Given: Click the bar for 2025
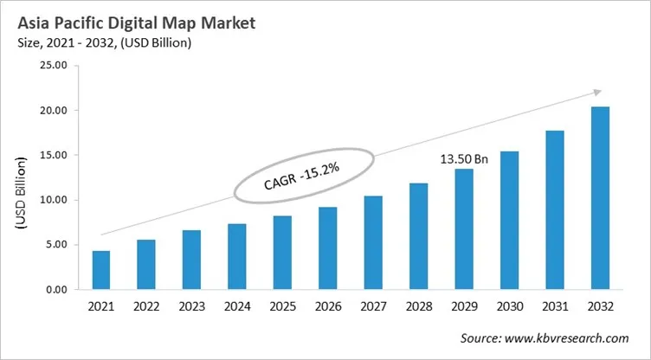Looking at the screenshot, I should click(282, 253).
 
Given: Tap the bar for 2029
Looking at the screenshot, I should click(464, 229).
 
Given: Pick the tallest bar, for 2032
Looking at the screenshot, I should click(599, 198).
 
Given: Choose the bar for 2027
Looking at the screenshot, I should click(373, 243).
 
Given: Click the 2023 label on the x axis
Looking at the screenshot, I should click(192, 307).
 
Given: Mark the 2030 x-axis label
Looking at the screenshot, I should click(509, 307).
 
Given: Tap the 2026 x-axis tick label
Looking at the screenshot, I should click(328, 307).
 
